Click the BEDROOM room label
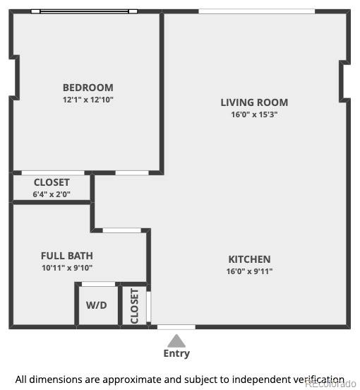pyautogui.click(x=88, y=88)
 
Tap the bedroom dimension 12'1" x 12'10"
pyautogui.click(x=88, y=100)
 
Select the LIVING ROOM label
pyautogui.click(x=254, y=102)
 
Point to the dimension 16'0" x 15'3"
pyautogui.click(x=254, y=114)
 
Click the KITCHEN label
pyautogui.click(x=249, y=259)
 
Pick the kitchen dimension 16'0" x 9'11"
pyautogui.click(x=249, y=271)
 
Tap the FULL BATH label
pyautogui.click(x=67, y=256)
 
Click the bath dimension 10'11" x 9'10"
pyautogui.click(x=67, y=268)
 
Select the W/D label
pyautogui.click(x=97, y=306)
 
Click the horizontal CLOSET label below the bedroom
pyautogui.click(x=52, y=182)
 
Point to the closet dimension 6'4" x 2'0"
pyautogui.click(x=52, y=194)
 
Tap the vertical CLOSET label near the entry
pyautogui.click(x=134, y=306)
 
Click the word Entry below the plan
pyautogui.click(x=176, y=353)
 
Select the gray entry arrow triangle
pyautogui.click(x=176, y=340)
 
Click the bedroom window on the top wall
pyautogui.click(x=85, y=11)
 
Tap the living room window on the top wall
pyautogui.click(x=256, y=11)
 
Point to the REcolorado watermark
pyautogui.click(x=330, y=384)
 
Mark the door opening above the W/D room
pyautogui.click(x=98, y=284)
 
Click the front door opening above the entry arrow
pyautogui.click(x=176, y=327)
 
